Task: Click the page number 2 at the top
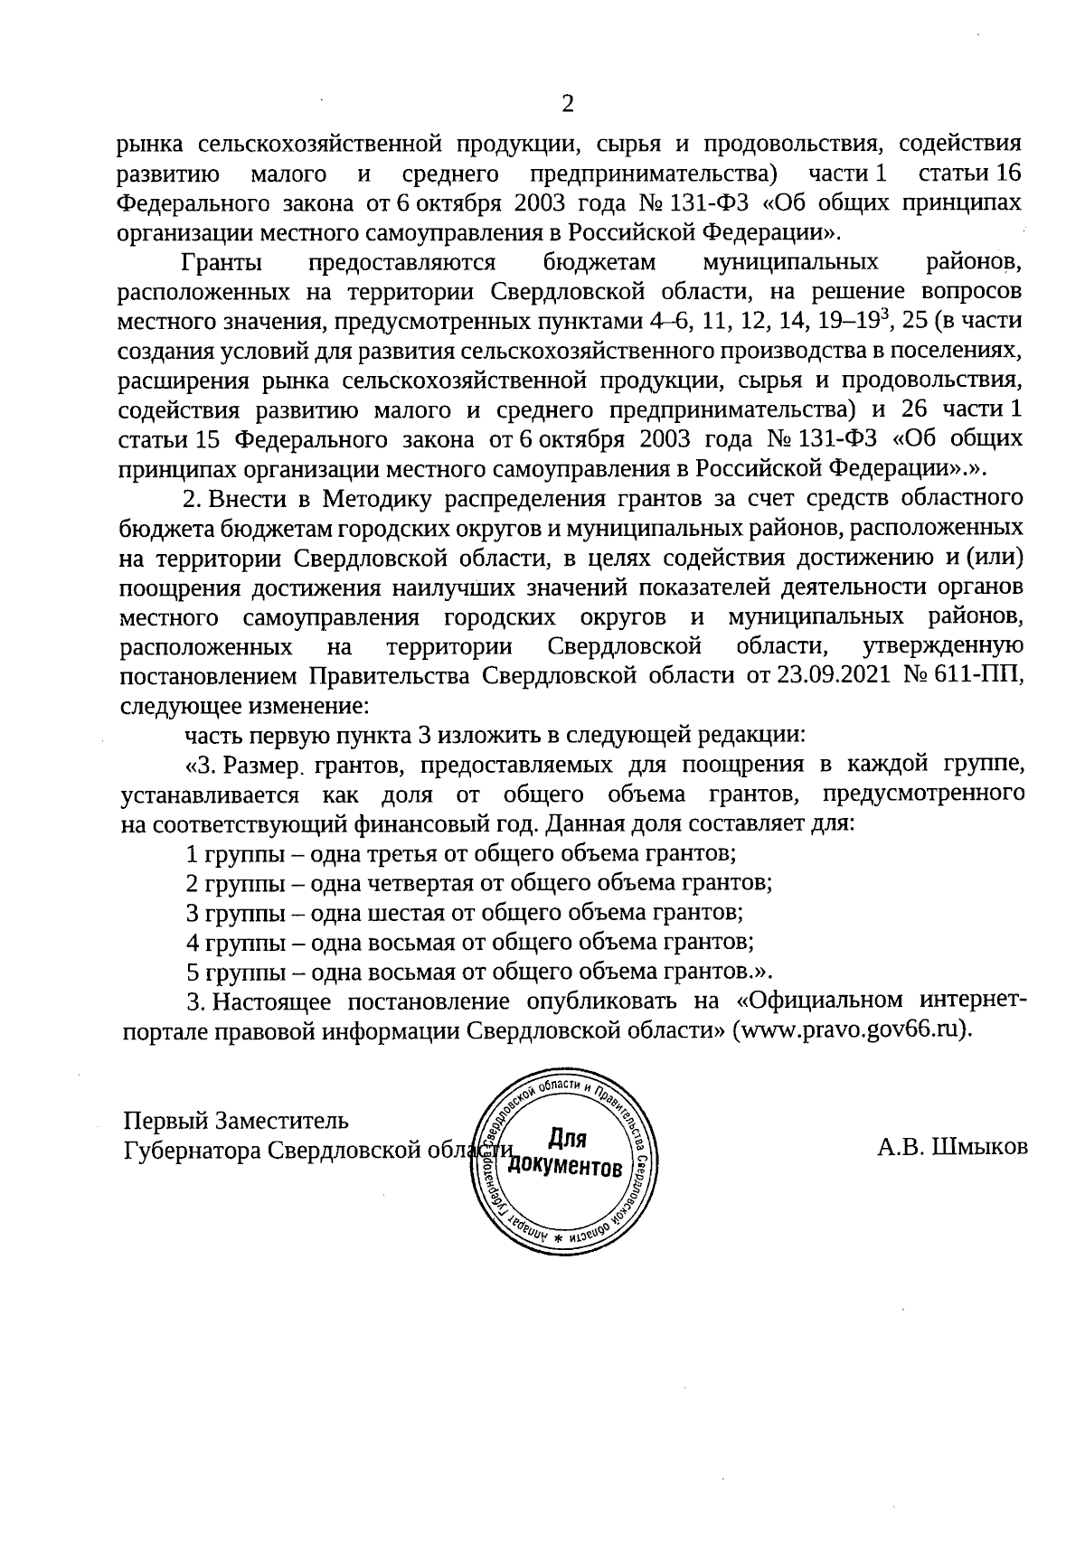[567, 105]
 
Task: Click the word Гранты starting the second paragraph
[222, 263]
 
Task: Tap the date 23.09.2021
[832, 676]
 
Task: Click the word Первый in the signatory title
[165, 1121]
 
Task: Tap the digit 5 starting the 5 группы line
[192, 972]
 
